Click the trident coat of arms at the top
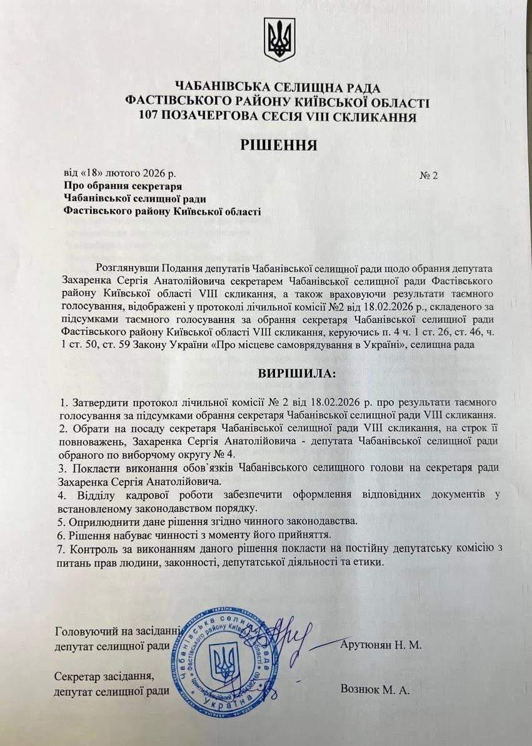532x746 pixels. tap(279, 39)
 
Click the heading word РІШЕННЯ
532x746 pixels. tap(279, 145)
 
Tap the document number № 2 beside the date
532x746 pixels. tap(428, 175)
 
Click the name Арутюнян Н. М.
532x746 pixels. tap(381, 644)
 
